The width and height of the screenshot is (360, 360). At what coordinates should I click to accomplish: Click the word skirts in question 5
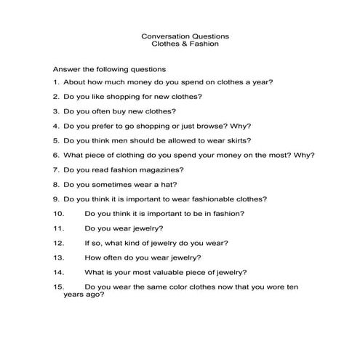pyautogui.click(x=238, y=140)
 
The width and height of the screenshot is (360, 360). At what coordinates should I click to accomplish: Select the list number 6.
pyautogui.click(x=55, y=154)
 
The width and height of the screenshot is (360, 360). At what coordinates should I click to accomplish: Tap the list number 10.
pyautogui.click(x=59, y=213)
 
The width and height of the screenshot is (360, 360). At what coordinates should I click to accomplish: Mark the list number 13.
pyautogui.click(x=59, y=257)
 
